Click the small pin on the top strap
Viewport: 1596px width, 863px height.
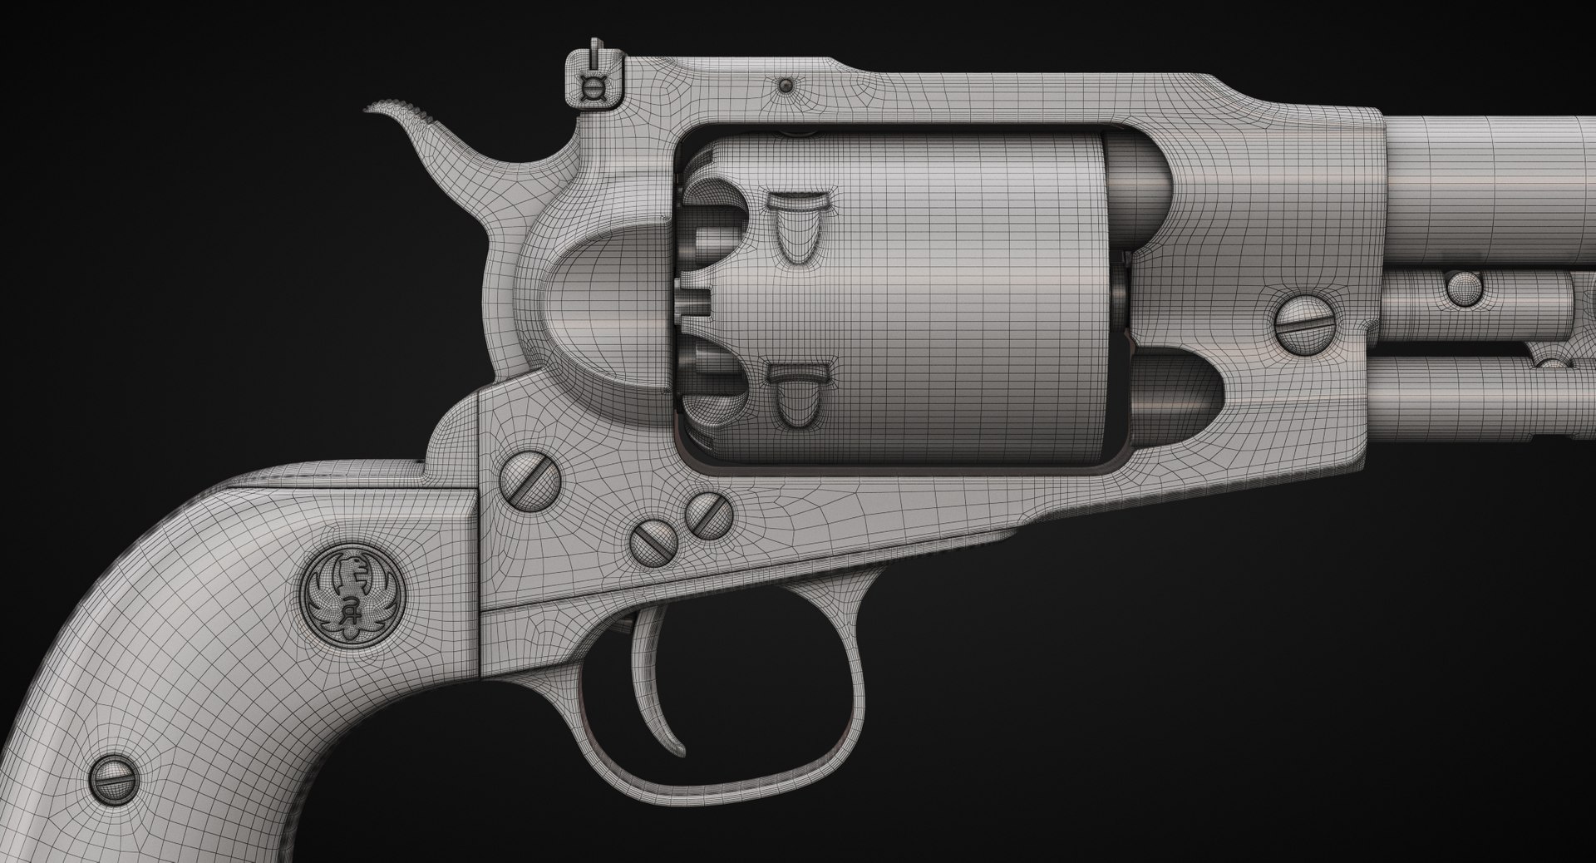tap(785, 86)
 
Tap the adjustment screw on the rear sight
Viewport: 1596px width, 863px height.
tap(592, 91)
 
